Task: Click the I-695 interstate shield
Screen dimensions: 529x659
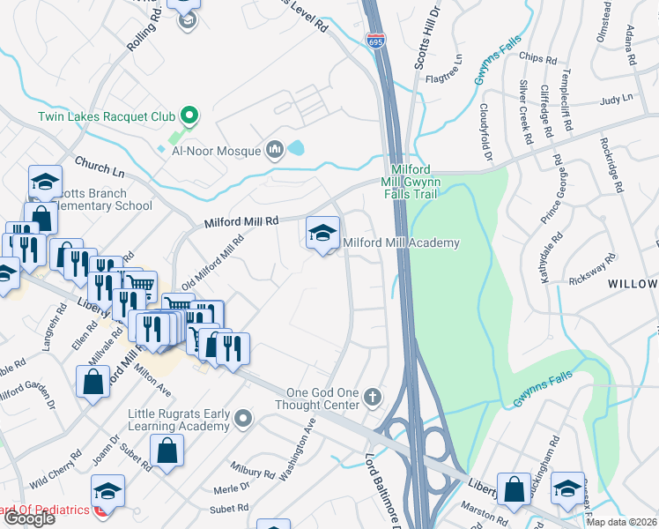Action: point(374,40)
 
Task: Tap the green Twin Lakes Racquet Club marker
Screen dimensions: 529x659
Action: point(187,115)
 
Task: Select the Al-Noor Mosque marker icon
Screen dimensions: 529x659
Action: point(275,151)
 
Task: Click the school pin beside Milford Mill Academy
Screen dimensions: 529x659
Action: point(323,234)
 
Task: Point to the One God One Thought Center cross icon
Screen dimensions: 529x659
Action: point(373,397)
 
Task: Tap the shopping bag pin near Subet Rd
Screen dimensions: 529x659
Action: point(167,451)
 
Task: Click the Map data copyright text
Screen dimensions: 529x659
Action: point(620,522)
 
